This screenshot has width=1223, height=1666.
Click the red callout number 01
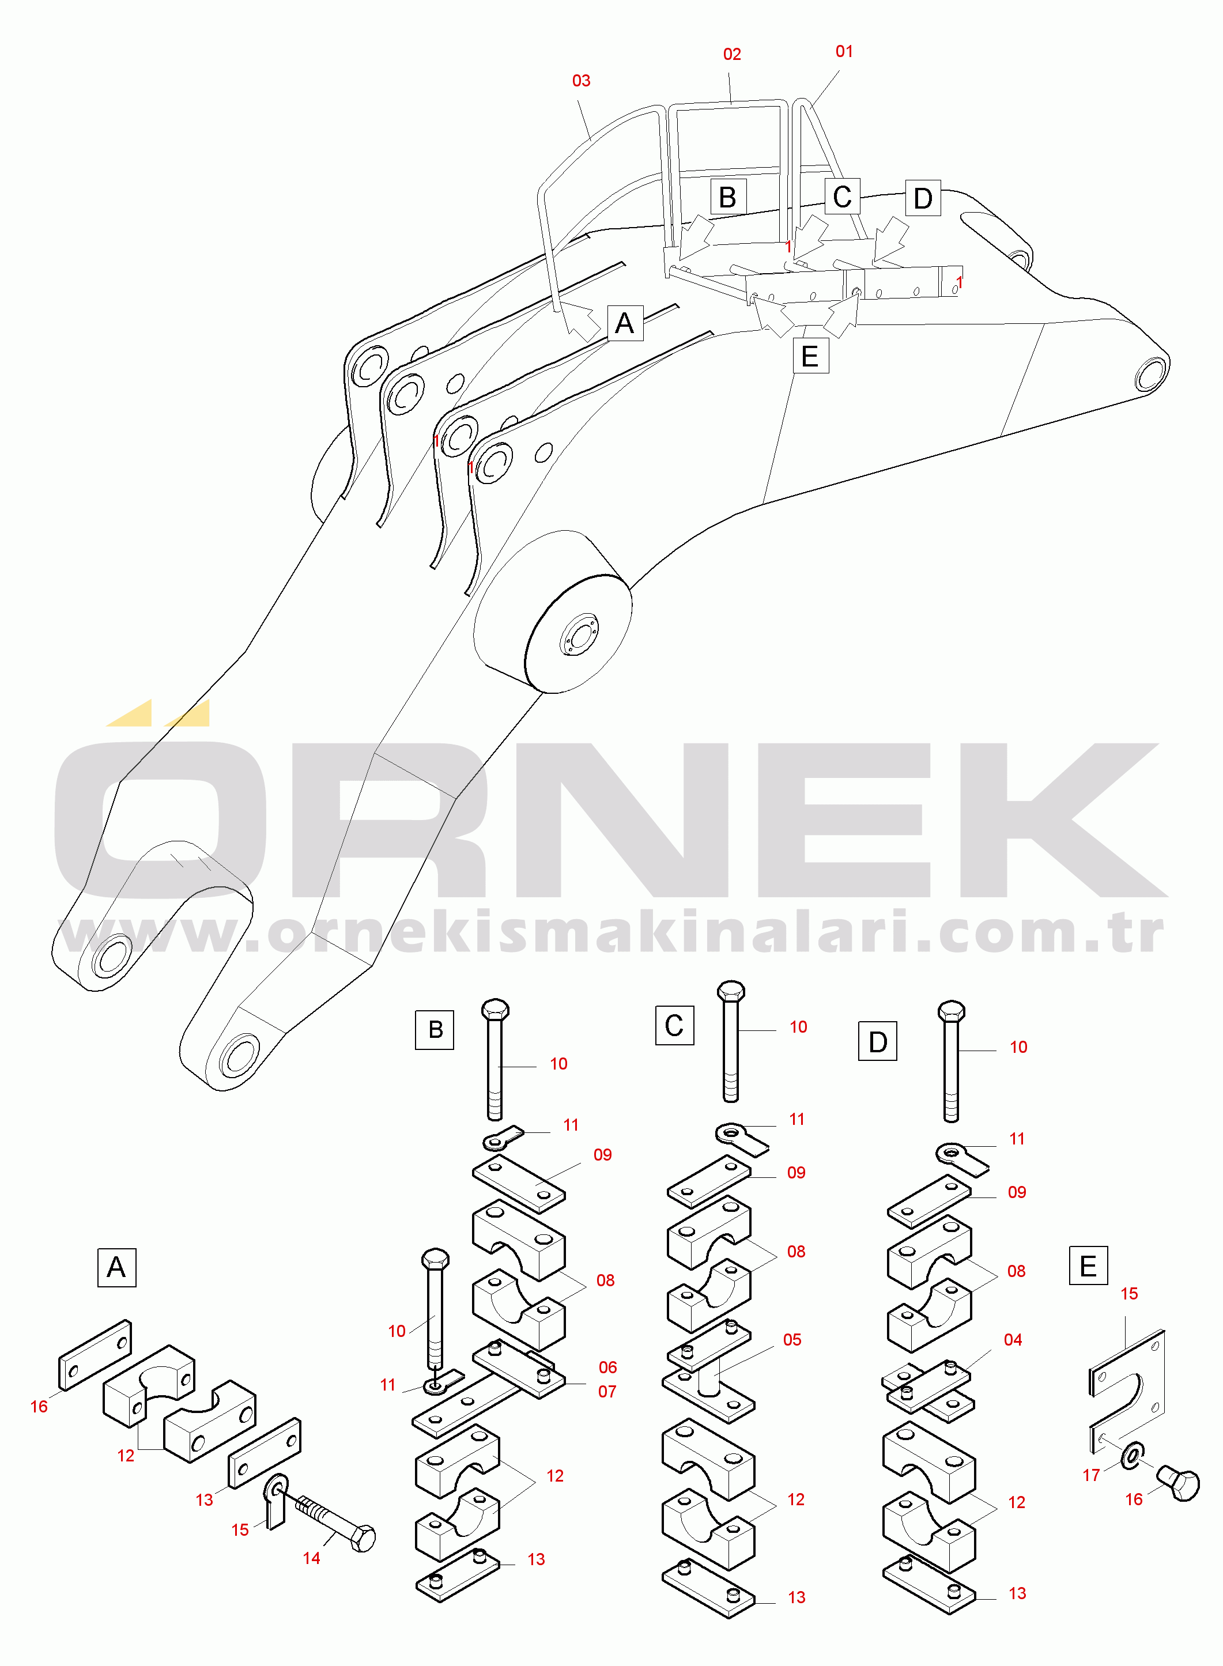tap(844, 52)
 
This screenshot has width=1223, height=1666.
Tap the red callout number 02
tap(731, 55)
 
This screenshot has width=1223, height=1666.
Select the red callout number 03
tap(581, 81)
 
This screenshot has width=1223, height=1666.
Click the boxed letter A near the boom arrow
tap(625, 323)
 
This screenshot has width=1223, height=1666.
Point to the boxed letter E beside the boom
tap(810, 356)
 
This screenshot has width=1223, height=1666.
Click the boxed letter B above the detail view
tap(435, 1029)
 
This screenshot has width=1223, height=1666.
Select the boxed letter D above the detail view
tap(877, 1041)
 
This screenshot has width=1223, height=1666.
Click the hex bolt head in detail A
tap(363, 1539)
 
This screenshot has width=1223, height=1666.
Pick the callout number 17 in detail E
tap(1091, 1475)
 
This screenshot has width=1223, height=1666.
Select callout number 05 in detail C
tap(792, 1340)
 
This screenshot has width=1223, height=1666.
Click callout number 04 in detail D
tap(1013, 1340)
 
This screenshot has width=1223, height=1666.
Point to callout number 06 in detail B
tap(608, 1367)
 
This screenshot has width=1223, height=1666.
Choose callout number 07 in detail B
tap(607, 1392)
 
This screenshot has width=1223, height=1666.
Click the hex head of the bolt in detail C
tap(731, 991)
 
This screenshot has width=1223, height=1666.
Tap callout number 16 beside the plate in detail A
tap(39, 1407)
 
